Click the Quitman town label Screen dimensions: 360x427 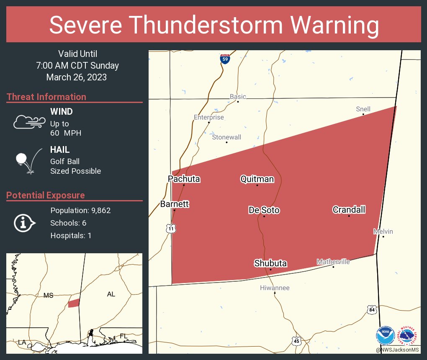pyautogui.click(x=257, y=179)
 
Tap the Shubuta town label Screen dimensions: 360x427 pyautogui.click(x=270, y=263)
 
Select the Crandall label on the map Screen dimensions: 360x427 pyautogui.click(x=349, y=210)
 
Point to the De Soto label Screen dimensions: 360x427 pyautogui.click(x=264, y=210)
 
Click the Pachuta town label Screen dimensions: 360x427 pyautogui.click(x=184, y=179)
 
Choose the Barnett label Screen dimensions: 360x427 pyautogui.click(x=175, y=204)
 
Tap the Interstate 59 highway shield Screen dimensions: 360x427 pyautogui.click(x=225, y=59)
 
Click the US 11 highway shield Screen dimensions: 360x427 pyautogui.click(x=170, y=228)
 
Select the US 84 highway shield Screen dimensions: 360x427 pyautogui.click(x=372, y=310)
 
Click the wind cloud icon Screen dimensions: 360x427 pyautogui.click(x=28, y=122)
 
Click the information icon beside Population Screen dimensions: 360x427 pyautogui.click(x=24, y=223)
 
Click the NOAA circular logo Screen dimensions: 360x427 pyautogui.click(x=385, y=336)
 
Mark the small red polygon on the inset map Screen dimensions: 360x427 pyautogui.click(x=74, y=303)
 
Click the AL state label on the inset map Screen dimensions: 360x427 pyautogui.click(x=111, y=294)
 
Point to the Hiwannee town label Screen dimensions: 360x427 pyautogui.click(x=275, y=288)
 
